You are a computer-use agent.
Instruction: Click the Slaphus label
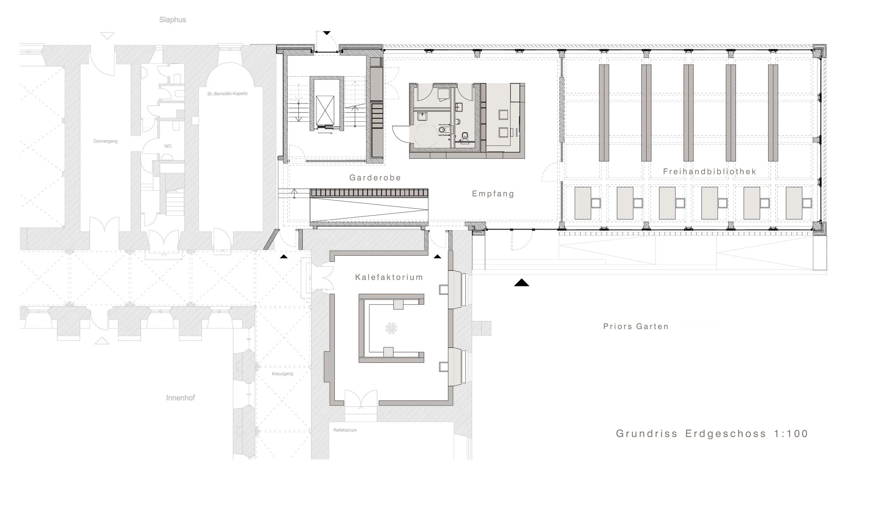pos(172,20)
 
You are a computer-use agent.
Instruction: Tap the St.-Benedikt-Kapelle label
pos(227,94)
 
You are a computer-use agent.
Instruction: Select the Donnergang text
pos(105,141)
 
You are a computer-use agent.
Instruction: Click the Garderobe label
pos(375,178)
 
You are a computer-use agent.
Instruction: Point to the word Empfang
pos(493,194)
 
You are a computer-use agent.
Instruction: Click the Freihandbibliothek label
pos(709,172)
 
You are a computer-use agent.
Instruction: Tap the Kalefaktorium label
pos(389,277)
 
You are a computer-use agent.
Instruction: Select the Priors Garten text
pos(636,327)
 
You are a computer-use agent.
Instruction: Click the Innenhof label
pos(180,398)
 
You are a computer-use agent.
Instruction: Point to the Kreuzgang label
pos(282,374)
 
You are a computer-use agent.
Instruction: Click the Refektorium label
pos(345,430)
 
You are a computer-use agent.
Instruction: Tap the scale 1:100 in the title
pos(791,434)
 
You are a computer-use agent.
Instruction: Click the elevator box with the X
pos(325,110)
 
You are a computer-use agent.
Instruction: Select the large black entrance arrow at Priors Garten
pos(521,283)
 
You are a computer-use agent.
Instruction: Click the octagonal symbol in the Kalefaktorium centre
pos(391,328)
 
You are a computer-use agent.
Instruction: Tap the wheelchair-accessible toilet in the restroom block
pos(442,129)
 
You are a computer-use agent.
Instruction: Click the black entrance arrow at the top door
pos(327,33)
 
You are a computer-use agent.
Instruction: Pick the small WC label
pos(168,146)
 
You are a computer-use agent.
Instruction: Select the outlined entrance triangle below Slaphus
pos(107,36)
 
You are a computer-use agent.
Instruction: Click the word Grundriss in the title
pos(646,434)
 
